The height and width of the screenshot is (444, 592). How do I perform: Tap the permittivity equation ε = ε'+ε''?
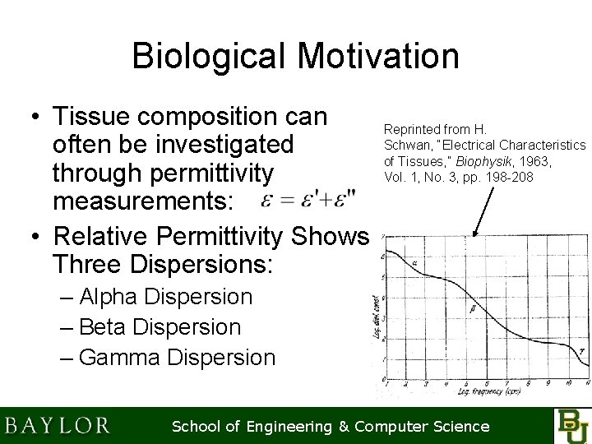(x=308, y=201)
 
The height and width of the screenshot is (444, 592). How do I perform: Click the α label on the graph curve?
(x=415, y=264)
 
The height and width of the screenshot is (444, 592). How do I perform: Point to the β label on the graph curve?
(x=472, y=309)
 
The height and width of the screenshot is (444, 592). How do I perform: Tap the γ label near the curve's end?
(x=581, y=351)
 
